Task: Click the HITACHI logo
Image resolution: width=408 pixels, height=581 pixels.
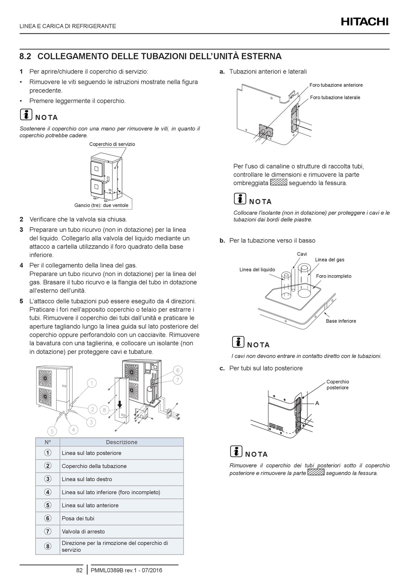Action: [x=365, y=21]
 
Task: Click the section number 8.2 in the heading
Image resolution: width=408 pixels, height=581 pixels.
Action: [x=25, y=56]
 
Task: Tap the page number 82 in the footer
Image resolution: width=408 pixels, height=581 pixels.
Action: [x=79, y=570]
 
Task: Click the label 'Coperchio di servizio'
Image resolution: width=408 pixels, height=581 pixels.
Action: [x=112, y=144]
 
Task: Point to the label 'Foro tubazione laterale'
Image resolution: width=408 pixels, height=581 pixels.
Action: [x=335, y=97]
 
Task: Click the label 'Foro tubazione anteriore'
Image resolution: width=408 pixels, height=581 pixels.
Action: [x=336, y=85]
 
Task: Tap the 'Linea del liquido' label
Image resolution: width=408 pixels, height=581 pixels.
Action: [x=257, y=270]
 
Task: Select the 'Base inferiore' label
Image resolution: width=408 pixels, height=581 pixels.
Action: [x=341, y=321]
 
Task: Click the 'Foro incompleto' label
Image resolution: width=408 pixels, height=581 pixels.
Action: [x=334, y=276]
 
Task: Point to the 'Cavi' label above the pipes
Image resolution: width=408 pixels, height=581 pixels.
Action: [x=302, y=254]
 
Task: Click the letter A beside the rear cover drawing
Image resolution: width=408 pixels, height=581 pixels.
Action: [x=317, y=403]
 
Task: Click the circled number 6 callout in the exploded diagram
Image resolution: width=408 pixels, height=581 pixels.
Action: [x=178, y=370]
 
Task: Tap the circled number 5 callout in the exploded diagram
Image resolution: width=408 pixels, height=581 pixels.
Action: [x=52, y=431]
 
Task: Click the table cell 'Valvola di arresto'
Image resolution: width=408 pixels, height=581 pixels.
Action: [x=83, y=532]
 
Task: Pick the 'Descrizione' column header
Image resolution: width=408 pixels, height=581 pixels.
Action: [x=122, y=442]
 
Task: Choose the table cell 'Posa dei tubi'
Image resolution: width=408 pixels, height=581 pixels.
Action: [x=78, y=518]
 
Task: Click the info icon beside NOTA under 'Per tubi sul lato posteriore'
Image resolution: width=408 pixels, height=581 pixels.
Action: [x=236, y=451]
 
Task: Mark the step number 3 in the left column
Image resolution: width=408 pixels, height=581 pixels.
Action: [x=21, y=230]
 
